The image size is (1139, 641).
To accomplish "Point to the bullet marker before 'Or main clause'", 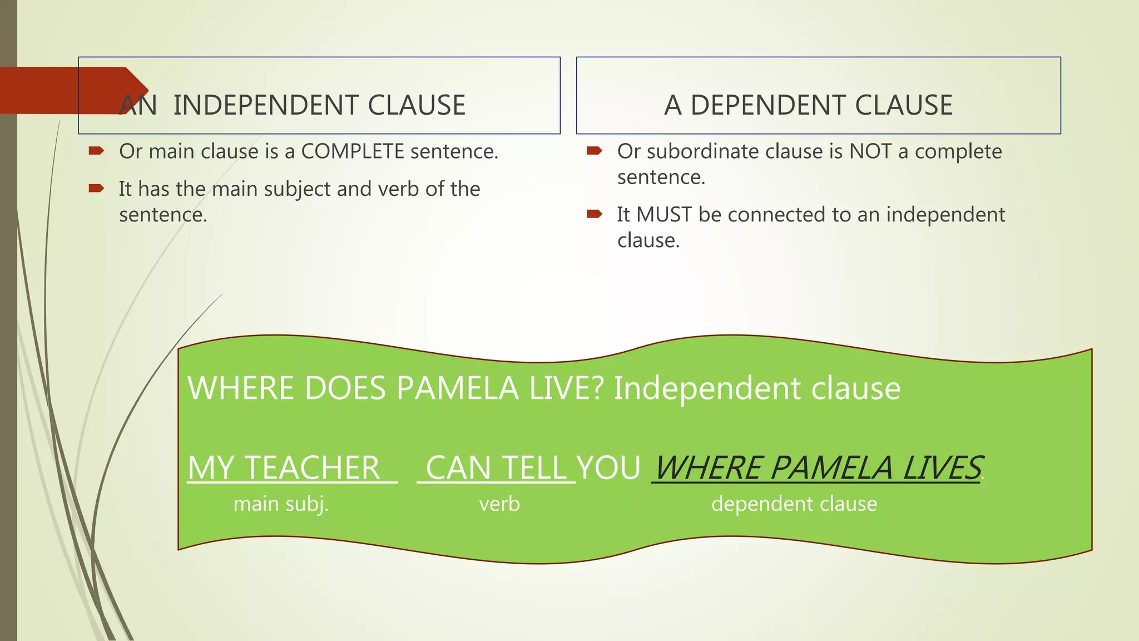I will pos(96,151).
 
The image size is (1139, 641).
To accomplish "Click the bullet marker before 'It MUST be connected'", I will pos(595,214).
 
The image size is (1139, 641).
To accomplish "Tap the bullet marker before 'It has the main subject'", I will pos(96,189).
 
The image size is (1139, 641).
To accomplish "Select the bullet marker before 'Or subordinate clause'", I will pos(595,151).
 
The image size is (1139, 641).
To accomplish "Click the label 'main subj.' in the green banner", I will pos(281,504).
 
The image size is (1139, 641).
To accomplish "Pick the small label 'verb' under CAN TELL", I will pos(499,504).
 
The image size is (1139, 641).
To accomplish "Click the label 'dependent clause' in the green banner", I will pos(794,504).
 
